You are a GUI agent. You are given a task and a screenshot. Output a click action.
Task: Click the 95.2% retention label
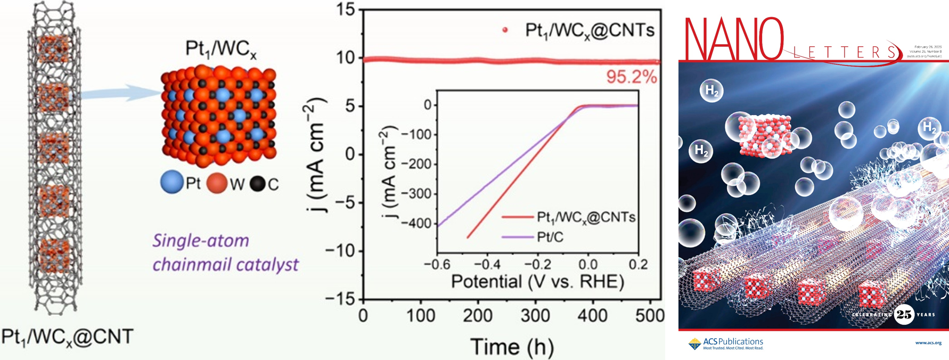click(631, 77)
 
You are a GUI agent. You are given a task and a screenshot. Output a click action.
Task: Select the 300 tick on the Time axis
click(535, 316)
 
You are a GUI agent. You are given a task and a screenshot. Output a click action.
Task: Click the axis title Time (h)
click(512, 347)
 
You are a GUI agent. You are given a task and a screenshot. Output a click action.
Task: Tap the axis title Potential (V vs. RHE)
click(537, 281)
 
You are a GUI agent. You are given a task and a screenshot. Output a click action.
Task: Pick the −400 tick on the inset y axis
click(416, 223)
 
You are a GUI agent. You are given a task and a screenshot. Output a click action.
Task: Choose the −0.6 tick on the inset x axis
click(437, 264)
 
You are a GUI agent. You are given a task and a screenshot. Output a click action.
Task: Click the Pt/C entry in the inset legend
click(550, 237)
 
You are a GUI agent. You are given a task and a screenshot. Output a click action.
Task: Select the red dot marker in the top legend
click(505, 30)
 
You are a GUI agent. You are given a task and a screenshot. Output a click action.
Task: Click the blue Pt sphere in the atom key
click(171, 183)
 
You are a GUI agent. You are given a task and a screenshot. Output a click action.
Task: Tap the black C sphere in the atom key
click(258, 184)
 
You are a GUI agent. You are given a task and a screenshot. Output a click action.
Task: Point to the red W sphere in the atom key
click(217, 183)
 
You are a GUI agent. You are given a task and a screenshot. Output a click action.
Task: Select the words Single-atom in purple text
click(201, 241)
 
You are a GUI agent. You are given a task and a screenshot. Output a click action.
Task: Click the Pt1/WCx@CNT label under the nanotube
click(67, 337)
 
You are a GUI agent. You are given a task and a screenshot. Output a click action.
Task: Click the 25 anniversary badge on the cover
click(904, 314)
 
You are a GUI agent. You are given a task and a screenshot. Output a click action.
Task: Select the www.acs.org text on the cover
click(928, 343)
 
